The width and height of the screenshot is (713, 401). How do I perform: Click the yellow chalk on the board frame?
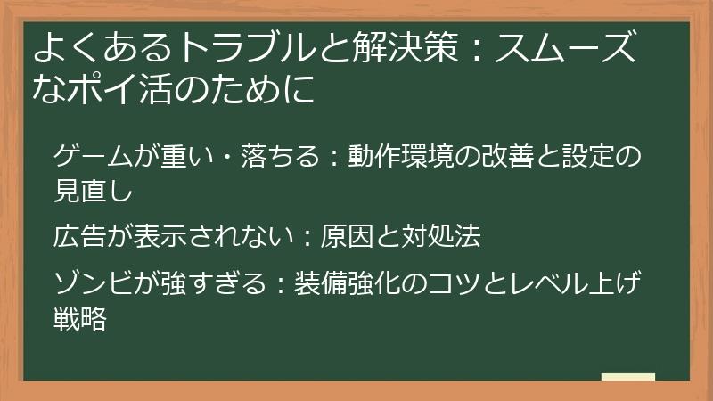627,377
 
